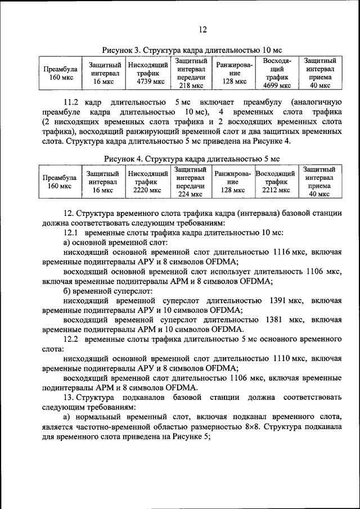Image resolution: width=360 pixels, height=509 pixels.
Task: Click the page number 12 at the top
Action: click(x=202, y=30)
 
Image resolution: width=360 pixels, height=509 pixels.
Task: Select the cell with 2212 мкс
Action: click(x=276, y=182)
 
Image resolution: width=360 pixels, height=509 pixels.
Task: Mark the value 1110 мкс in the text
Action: click(x=285, y=358)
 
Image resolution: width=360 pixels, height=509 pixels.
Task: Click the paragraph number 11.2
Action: click(x=72, y=102)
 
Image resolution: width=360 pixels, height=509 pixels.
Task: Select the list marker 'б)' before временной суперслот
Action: click(x=68, y=291)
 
